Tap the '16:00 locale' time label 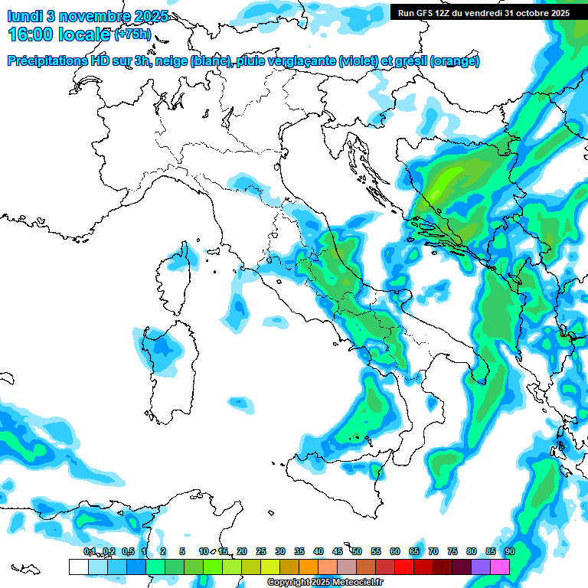tap(60, 34)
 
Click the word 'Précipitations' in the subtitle tap(46, 61)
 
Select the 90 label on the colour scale tap(509, 551)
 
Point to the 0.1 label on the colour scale tap(89, 551)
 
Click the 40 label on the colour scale tap(318, 551)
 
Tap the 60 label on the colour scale tap(394, 551)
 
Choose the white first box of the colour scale tap(78, 567)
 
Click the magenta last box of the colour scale tap(500, 567)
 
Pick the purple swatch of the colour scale tap(481, 567)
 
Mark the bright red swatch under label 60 tap(404, 567)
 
